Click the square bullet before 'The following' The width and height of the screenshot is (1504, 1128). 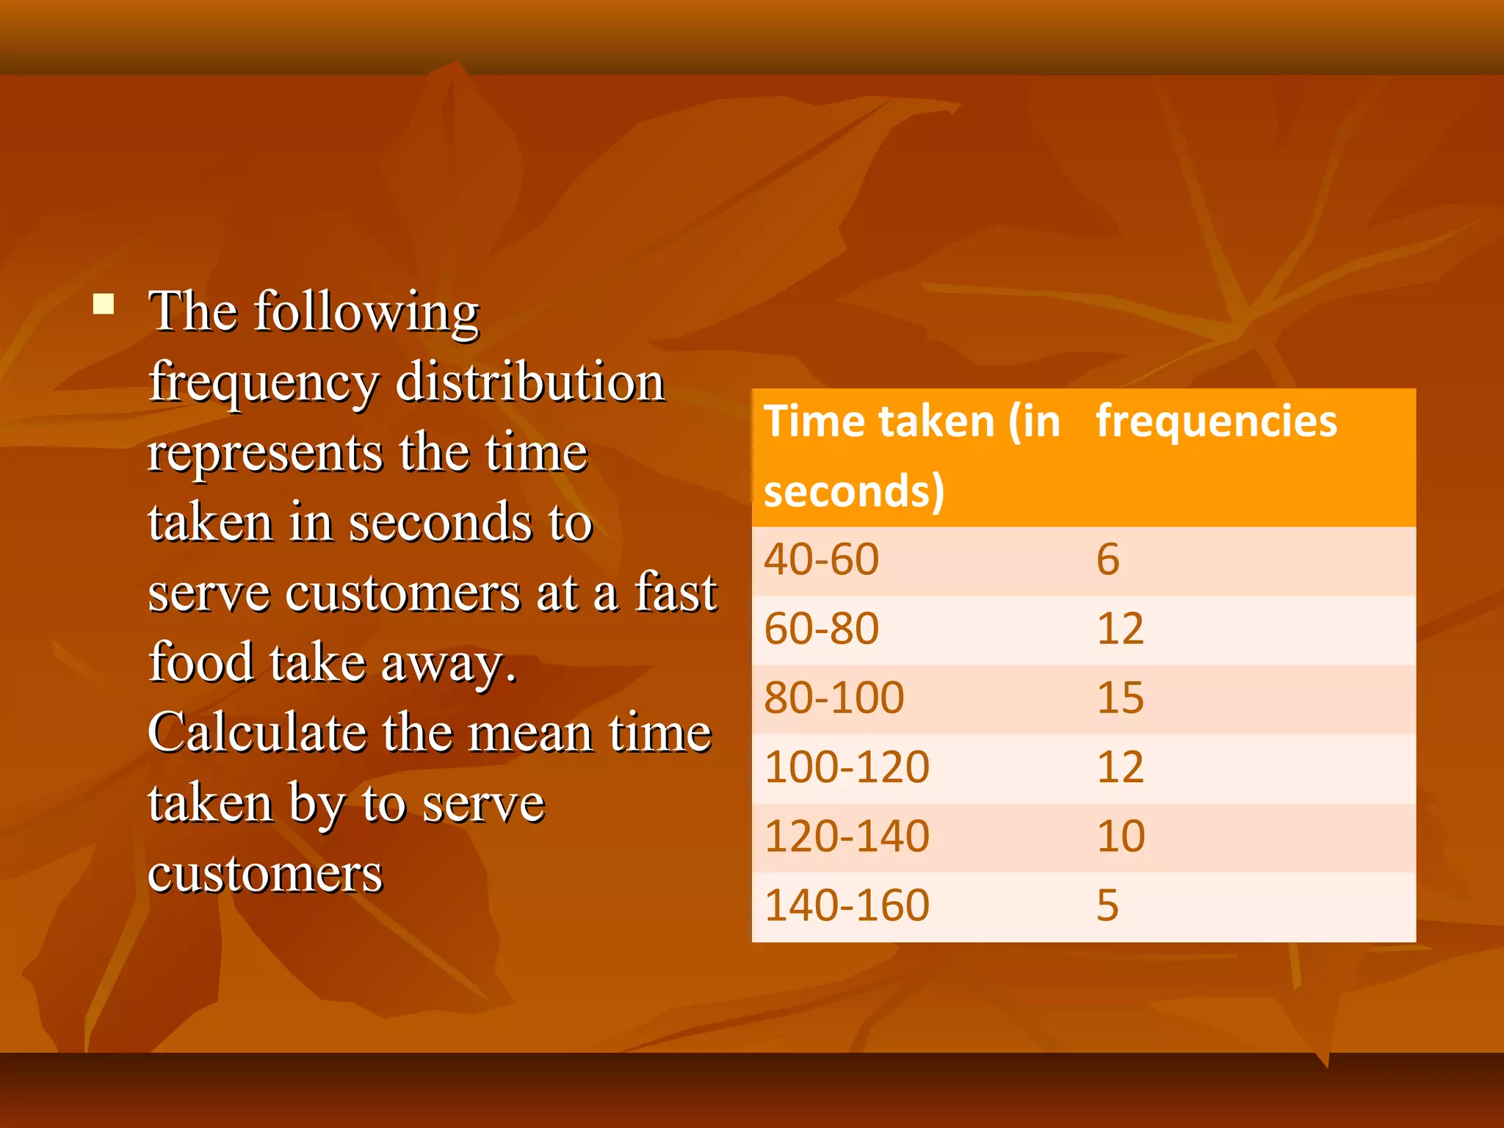coord(104,304)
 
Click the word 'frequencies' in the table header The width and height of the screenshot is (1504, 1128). coord(1216,422)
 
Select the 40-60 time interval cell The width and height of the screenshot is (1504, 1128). coord(821,560)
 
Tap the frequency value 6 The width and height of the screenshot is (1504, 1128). coord(1107,560)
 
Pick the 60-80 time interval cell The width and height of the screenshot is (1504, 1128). coord(821,629)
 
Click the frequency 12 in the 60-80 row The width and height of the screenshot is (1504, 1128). coord(1120,629)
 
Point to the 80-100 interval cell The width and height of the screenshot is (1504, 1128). coord(834,698)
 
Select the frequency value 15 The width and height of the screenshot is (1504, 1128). coord(1120,698)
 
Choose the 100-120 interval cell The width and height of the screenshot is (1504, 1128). coord(847,767)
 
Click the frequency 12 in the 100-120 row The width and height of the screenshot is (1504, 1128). coord(1120,767)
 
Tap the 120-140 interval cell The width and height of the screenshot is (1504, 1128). coord(847,836)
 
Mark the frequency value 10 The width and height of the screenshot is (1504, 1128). coord(1120,836)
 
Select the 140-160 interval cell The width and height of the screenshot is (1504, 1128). coord(847,905)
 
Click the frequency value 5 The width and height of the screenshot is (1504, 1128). coord(1107,905)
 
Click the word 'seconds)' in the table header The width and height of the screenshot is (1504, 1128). coord(853,491)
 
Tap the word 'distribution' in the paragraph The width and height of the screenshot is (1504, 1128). coord(530,382)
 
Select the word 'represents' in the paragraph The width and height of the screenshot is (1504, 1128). coord(264,452)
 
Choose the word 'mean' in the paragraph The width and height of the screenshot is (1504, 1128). coord(529,733)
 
